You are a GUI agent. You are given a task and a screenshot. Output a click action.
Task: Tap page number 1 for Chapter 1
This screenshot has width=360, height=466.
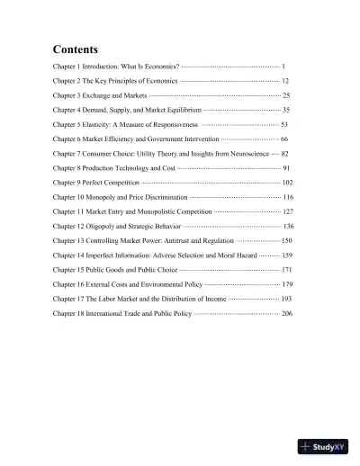point(283,67)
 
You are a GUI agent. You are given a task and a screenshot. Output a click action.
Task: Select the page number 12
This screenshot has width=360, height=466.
point(285,81)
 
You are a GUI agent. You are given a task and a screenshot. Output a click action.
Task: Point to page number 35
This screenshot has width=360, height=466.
point(286,109)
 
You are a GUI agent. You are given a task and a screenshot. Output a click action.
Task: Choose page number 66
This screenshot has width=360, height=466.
point(284,139)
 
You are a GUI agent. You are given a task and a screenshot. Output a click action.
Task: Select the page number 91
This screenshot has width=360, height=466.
point(286,168)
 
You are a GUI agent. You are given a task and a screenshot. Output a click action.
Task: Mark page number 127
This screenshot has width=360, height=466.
point(288,211)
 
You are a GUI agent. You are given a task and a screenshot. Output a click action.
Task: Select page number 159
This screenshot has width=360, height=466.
point(287,255)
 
